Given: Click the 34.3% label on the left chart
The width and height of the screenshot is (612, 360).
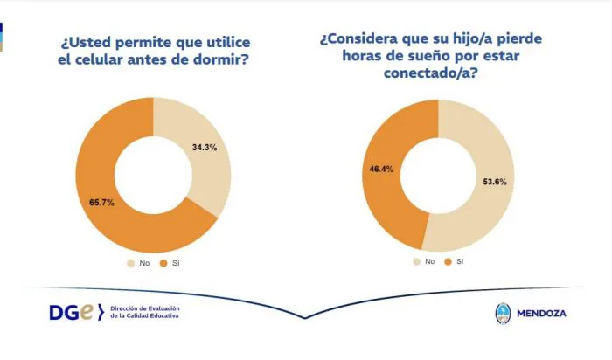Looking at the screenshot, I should pyautogui.click(x=205, y=148).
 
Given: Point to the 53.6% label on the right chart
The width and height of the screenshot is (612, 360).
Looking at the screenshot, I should pyautogui.click(x=494, y=182).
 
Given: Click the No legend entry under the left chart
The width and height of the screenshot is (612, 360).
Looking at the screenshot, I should pyautogui.click(x=139, y=261).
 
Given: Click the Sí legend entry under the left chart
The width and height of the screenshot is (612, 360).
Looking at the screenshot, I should pyautogui.click(x=169, y=261).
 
